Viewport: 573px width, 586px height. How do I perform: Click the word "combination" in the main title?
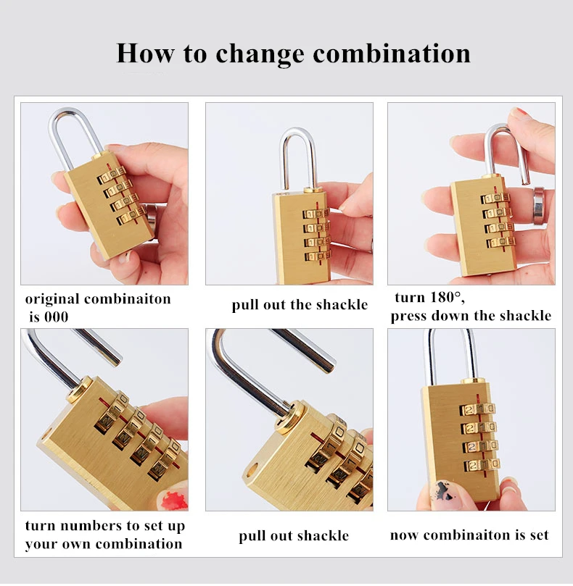pos(392,54)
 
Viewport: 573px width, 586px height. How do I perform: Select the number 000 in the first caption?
pos(57,317)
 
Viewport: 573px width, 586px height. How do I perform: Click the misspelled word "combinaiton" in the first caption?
pos(128,299)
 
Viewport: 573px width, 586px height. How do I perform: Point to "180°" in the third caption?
pos(448,298)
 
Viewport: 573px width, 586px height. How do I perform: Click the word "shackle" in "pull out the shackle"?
pos(342,304)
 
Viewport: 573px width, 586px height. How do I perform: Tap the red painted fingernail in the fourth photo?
pos(172,500)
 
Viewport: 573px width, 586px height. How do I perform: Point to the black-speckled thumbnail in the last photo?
pos(446,492)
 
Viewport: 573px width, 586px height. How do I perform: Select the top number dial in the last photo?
pos(478,409)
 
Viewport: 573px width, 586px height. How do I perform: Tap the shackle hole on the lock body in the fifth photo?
pos(254,469)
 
